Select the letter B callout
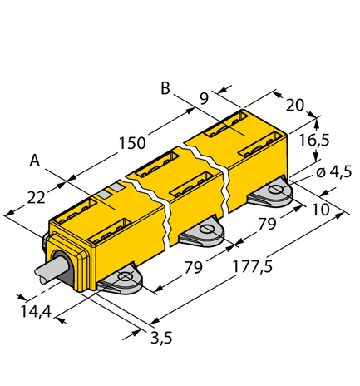coord(165,87)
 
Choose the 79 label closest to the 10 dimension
coord(265,224)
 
